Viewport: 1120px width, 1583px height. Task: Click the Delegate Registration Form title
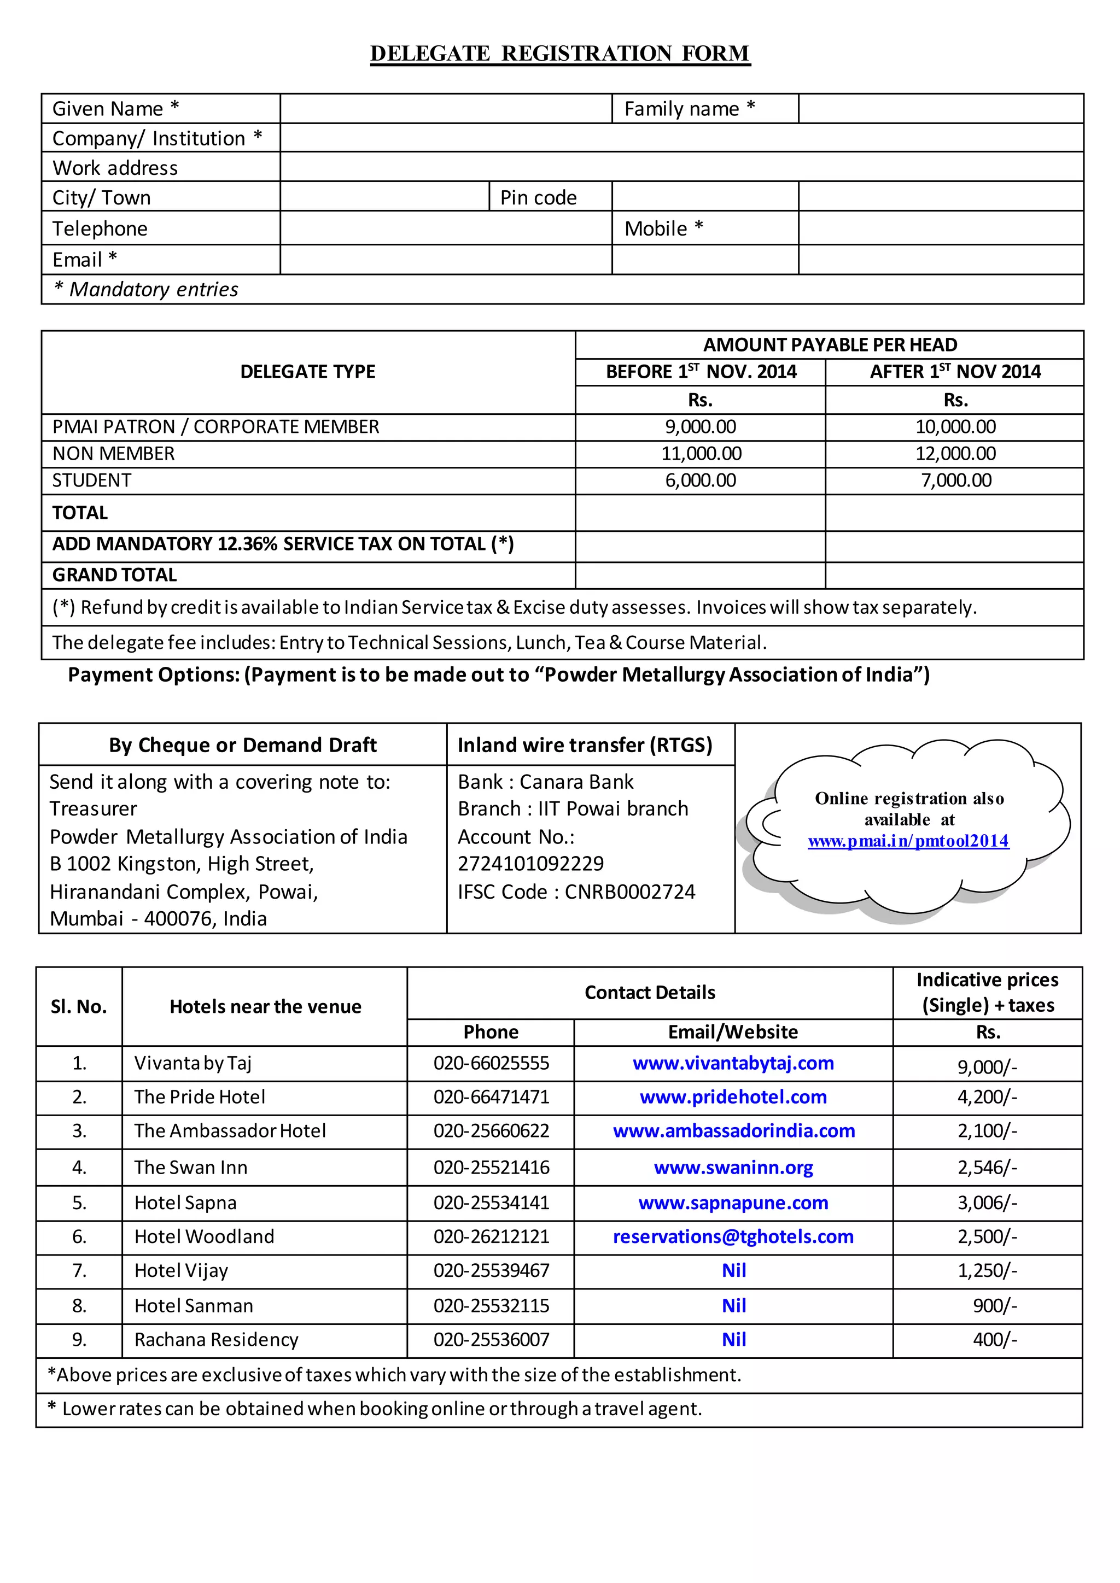560,54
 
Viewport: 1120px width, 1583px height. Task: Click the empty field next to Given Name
446,109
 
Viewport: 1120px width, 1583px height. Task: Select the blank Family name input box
941,109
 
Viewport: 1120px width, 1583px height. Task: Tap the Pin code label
538,198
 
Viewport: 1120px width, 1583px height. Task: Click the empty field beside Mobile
941,228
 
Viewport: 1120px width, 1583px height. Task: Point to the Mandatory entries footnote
145,290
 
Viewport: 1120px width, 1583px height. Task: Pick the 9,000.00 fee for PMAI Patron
700,427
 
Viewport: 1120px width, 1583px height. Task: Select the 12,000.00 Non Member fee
955,454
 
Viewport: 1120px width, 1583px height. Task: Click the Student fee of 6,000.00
700,480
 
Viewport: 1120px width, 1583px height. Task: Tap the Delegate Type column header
307,372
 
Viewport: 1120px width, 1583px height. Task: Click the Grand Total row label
114,575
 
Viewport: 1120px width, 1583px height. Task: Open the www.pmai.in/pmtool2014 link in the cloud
908,841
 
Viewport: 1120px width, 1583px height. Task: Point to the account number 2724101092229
530,864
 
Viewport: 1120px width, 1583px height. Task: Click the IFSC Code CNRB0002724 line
576,892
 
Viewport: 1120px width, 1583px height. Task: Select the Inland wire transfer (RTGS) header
585,745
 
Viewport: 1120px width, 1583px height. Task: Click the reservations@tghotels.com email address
733,1237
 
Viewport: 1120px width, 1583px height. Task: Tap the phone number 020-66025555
491,1063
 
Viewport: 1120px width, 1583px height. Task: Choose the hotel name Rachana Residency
216,1340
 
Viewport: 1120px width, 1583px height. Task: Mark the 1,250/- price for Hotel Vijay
987,1271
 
